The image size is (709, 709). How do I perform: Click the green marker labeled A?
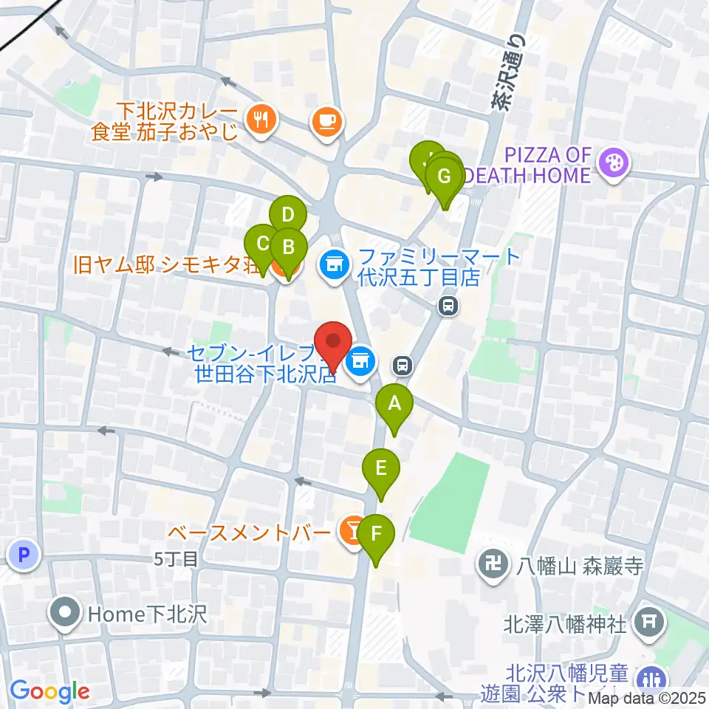pos(394,405)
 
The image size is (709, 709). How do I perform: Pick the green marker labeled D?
pos(287,216)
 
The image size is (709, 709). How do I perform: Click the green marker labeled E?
pos(381,468)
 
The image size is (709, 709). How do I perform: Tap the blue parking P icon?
pos(23,555)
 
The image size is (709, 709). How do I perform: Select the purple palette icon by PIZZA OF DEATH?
pos(612,160)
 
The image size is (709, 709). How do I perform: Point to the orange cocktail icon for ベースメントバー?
pos(351,529)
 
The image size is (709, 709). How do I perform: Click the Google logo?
pos(49,691)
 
